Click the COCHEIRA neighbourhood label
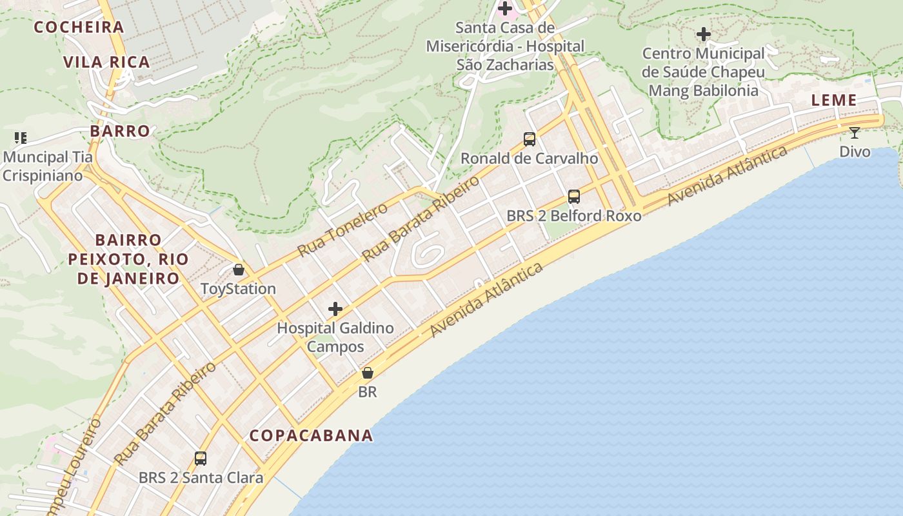point(79,27)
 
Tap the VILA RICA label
point(106,62)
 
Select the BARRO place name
point(120,131)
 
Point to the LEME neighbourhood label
point(834,100)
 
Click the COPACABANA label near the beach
point(312,435)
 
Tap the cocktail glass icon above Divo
point(855,133)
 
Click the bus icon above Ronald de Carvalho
point(530,139)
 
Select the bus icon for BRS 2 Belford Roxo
point(574,197)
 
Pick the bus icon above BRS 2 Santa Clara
point(201,459)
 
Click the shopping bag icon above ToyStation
point(239,270)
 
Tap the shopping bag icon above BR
point(368,373)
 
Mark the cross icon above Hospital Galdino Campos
point(335,309)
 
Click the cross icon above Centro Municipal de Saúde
point(704,34)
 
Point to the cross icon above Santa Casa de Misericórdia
point(505,8)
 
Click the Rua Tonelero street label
point(342,229)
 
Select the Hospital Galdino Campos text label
point(335,337)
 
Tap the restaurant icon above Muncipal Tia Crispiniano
point(20,137)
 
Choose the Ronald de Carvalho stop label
point(530,159)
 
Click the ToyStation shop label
point(239,288)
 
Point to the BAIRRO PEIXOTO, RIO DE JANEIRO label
point(128,259)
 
